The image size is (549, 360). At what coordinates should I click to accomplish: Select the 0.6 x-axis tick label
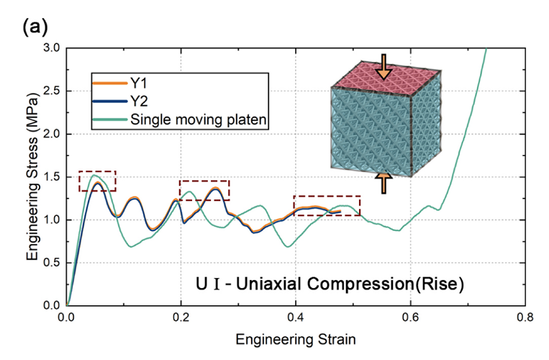pos(410,315)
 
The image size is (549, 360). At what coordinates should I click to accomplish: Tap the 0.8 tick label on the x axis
pos(525,315)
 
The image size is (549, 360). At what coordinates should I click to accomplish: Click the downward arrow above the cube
pos(384,66)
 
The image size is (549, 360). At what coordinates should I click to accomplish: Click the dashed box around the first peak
pos(97,181)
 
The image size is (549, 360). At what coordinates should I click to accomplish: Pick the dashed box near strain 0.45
pos(327,205)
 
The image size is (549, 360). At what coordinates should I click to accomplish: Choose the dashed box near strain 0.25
pos(204,190)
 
